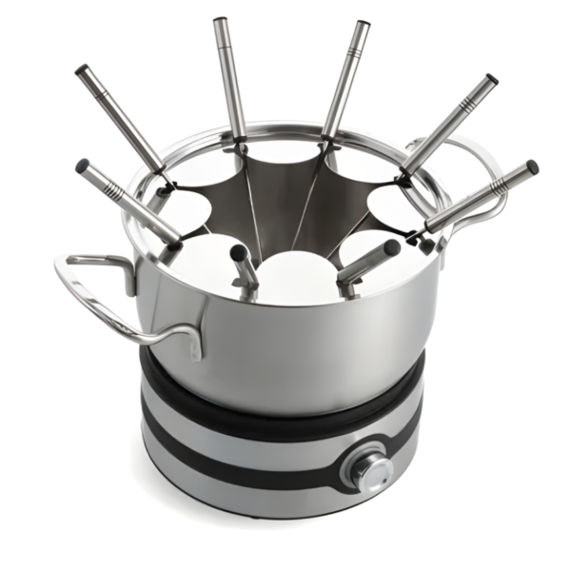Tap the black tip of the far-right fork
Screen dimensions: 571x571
pyautogui.click(x=533, y=167)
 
